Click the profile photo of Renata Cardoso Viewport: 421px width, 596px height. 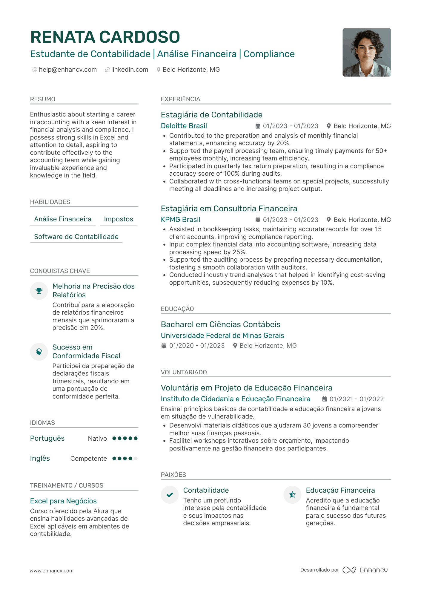366,53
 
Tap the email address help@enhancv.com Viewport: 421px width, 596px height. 68,70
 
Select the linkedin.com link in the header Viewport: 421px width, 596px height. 130,70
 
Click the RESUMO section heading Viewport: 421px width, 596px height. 43,99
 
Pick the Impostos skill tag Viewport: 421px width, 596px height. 119,219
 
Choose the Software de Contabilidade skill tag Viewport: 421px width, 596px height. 76,237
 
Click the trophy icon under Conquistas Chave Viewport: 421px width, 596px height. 39,291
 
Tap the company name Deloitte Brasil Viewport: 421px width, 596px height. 184,126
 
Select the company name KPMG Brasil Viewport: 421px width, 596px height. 181,220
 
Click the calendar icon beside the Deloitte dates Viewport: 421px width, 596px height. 258,126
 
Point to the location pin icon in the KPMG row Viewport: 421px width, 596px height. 328,220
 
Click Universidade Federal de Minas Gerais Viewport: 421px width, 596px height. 222,336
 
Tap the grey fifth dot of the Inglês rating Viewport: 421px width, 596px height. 136,459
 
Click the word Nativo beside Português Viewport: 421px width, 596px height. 97,439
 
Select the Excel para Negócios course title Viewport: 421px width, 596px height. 63,501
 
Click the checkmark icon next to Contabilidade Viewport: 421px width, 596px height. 170,495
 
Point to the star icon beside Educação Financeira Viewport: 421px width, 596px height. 292,495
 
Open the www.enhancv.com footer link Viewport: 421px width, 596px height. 51,571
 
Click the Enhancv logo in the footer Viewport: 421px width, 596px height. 365,570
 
